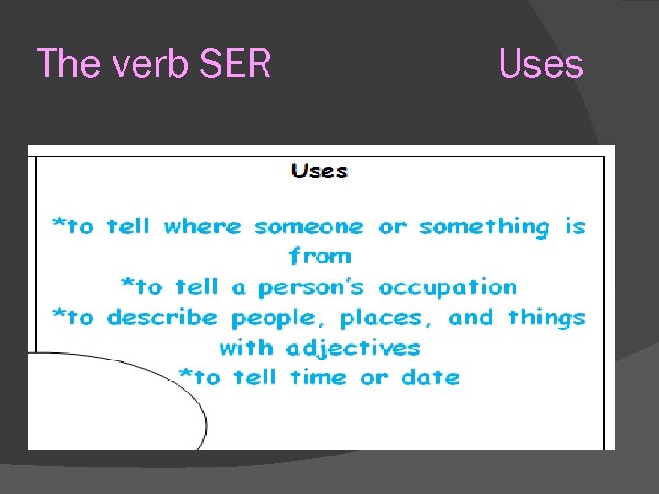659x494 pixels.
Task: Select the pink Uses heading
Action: pos(540,65)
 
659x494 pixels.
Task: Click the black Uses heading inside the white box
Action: pos(319,171)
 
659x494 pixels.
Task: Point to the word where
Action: pos(202,227)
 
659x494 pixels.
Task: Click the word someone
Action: pos(308,227)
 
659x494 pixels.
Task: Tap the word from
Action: pos(319,256)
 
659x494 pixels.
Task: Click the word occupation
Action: pos(448,288)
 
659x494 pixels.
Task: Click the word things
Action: pos(546,318)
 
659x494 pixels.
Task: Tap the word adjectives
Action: pos(353,349)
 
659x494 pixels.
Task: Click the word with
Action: pos(247,348)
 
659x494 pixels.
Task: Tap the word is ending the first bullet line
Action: pos(575,227)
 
